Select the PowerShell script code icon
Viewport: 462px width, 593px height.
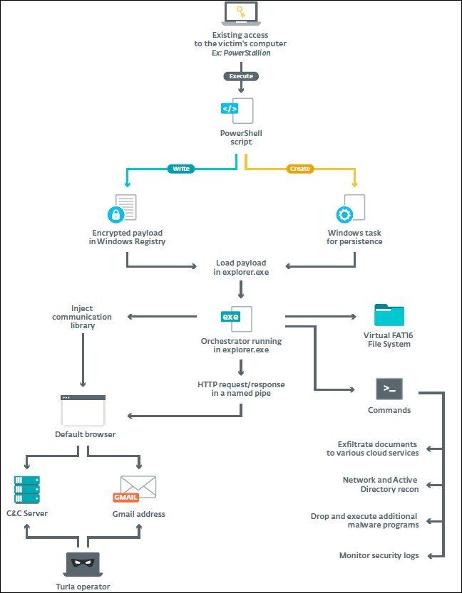click(238, 110)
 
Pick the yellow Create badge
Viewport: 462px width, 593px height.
click(300, 169)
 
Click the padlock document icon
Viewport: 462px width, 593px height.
click(122, 209)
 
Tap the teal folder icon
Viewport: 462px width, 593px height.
click(389, 315)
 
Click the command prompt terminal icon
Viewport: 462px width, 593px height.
click(389, 389)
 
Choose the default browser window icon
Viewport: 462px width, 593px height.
click(83, 410)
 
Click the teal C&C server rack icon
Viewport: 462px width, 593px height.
click(27, 490)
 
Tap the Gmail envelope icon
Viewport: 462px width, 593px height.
click(136, 488)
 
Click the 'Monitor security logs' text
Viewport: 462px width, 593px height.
click(379, 555)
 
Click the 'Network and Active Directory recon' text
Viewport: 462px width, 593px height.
click(380, 484)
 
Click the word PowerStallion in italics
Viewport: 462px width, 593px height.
click(247, 52)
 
